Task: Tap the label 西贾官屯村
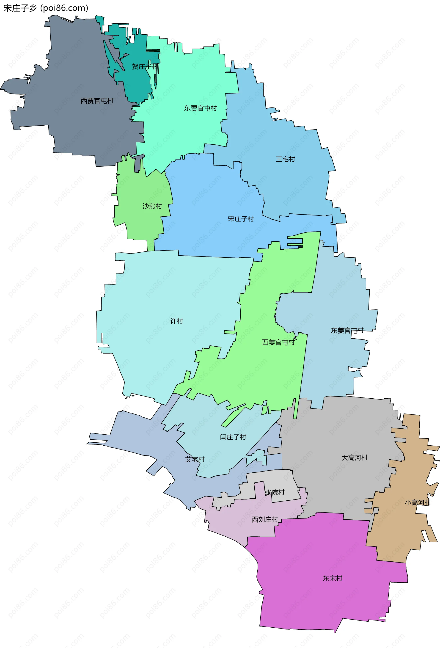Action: [x=97, y=101]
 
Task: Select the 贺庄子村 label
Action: [x=145, y=67]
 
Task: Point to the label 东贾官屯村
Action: [x=200, y=108]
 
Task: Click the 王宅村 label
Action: [x=285, y=159]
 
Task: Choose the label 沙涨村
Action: [x=152, y=206]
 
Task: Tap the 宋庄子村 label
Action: [x=241, y=219]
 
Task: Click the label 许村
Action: [x=176, y=321]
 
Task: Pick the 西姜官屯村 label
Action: [x=278, y=342]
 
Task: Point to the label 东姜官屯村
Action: [x=347, y=330]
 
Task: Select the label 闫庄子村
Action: [x=233, y=437]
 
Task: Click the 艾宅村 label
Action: [x=195, y=459]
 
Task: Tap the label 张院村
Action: [x=275, y=493]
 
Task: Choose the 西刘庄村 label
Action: [x=265, y=519]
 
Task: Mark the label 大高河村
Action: [x=354, y=458]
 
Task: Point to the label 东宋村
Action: [x=332, y=578]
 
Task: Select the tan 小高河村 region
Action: [x=401, y=530]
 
